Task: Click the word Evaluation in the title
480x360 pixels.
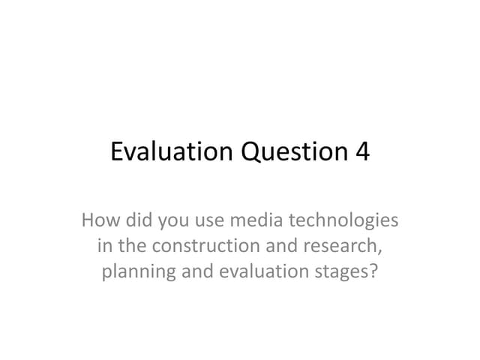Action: pyautogui.click(x=171, y=152)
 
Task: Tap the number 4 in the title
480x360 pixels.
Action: pyautogui.click(x=361, y=152)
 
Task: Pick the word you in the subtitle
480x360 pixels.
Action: pyautogui.click(x=172, y=223)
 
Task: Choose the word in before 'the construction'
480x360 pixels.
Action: pyautogui.click(x=103, y=245)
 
